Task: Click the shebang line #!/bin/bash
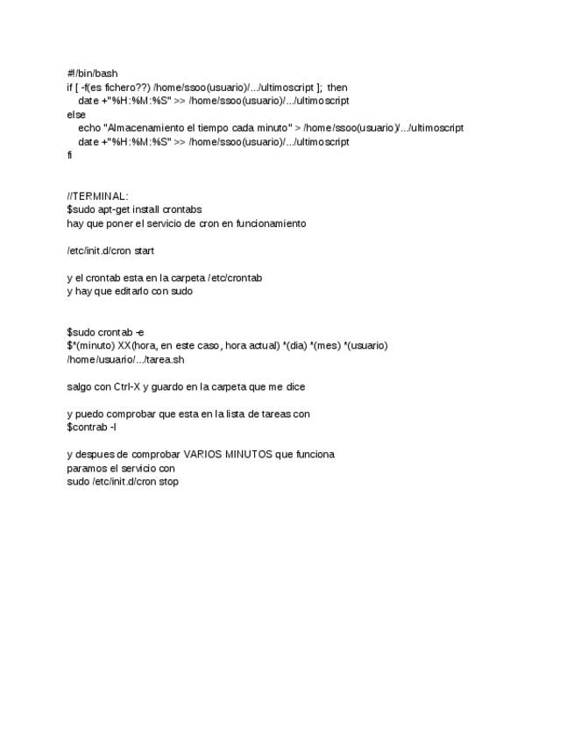[92, 74]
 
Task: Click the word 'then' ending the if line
[337, 88]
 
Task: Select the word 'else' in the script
[76, 115]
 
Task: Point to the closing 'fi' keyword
[70, 155]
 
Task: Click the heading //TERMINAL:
[97, 196]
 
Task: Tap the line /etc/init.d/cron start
[110, 251]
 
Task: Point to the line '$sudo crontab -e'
[106, 332]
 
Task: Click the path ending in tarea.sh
[125, 359]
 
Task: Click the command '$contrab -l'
[92, 427]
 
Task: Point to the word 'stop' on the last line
[168, 481]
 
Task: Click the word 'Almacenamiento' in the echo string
[144, 128]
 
